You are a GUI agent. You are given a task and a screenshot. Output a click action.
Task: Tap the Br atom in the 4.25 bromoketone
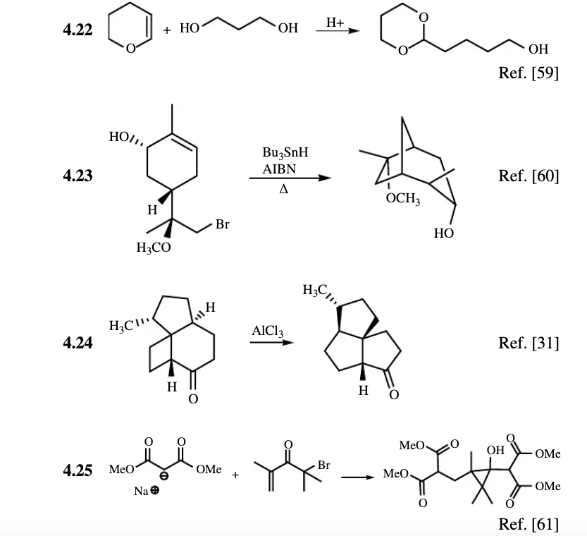click(x=324, y=465)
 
